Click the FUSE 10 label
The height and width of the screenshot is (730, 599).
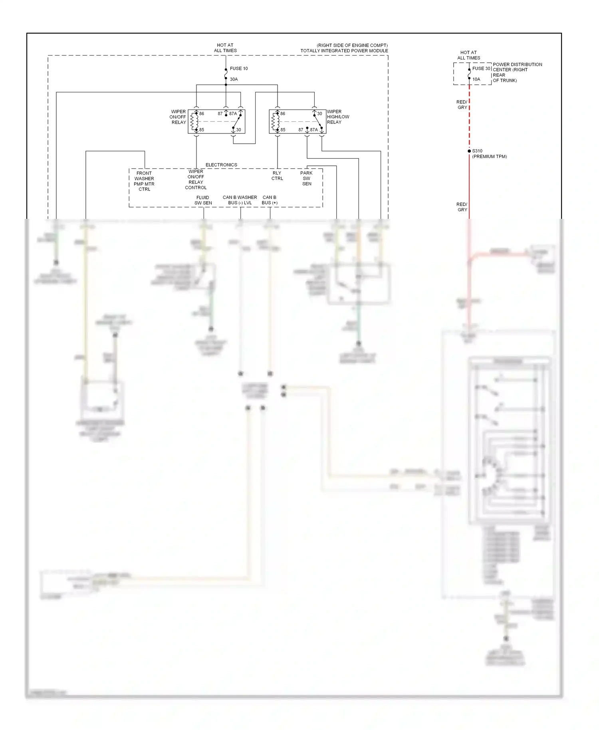[x=238, y=69]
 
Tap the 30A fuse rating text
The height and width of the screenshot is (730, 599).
[x=234, y=79]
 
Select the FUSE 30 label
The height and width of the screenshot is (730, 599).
[x=481, y=69]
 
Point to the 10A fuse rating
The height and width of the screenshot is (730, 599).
[x=476, y=79]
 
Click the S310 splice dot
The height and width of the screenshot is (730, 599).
[x=469, y=151]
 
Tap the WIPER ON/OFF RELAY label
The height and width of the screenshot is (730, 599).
[x=178, y=117]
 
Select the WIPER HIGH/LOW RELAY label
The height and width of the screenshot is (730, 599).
[x=338, y=117]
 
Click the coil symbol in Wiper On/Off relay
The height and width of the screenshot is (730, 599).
[x=194, y=121]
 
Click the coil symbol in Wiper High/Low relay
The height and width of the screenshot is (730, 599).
[x=276, y=121]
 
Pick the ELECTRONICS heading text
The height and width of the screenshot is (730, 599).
[x=221, y=165]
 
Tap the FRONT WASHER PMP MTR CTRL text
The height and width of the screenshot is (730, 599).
[x=144, y=181]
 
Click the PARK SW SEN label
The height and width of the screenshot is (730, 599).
[x=307, y=179]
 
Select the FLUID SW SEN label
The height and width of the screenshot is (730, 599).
[x=203, y=200]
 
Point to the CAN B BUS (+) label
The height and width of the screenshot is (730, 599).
[x=270, y=200]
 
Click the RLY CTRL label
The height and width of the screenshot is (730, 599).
[x=277, y=176]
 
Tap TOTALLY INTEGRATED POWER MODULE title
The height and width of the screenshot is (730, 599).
[x=344, y=51]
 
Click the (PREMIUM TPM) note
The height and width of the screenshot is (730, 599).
[x=489, y=157]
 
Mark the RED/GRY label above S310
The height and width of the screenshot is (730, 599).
[x=462, y=105]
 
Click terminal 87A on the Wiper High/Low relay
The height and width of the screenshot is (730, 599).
[x=314, y=130]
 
